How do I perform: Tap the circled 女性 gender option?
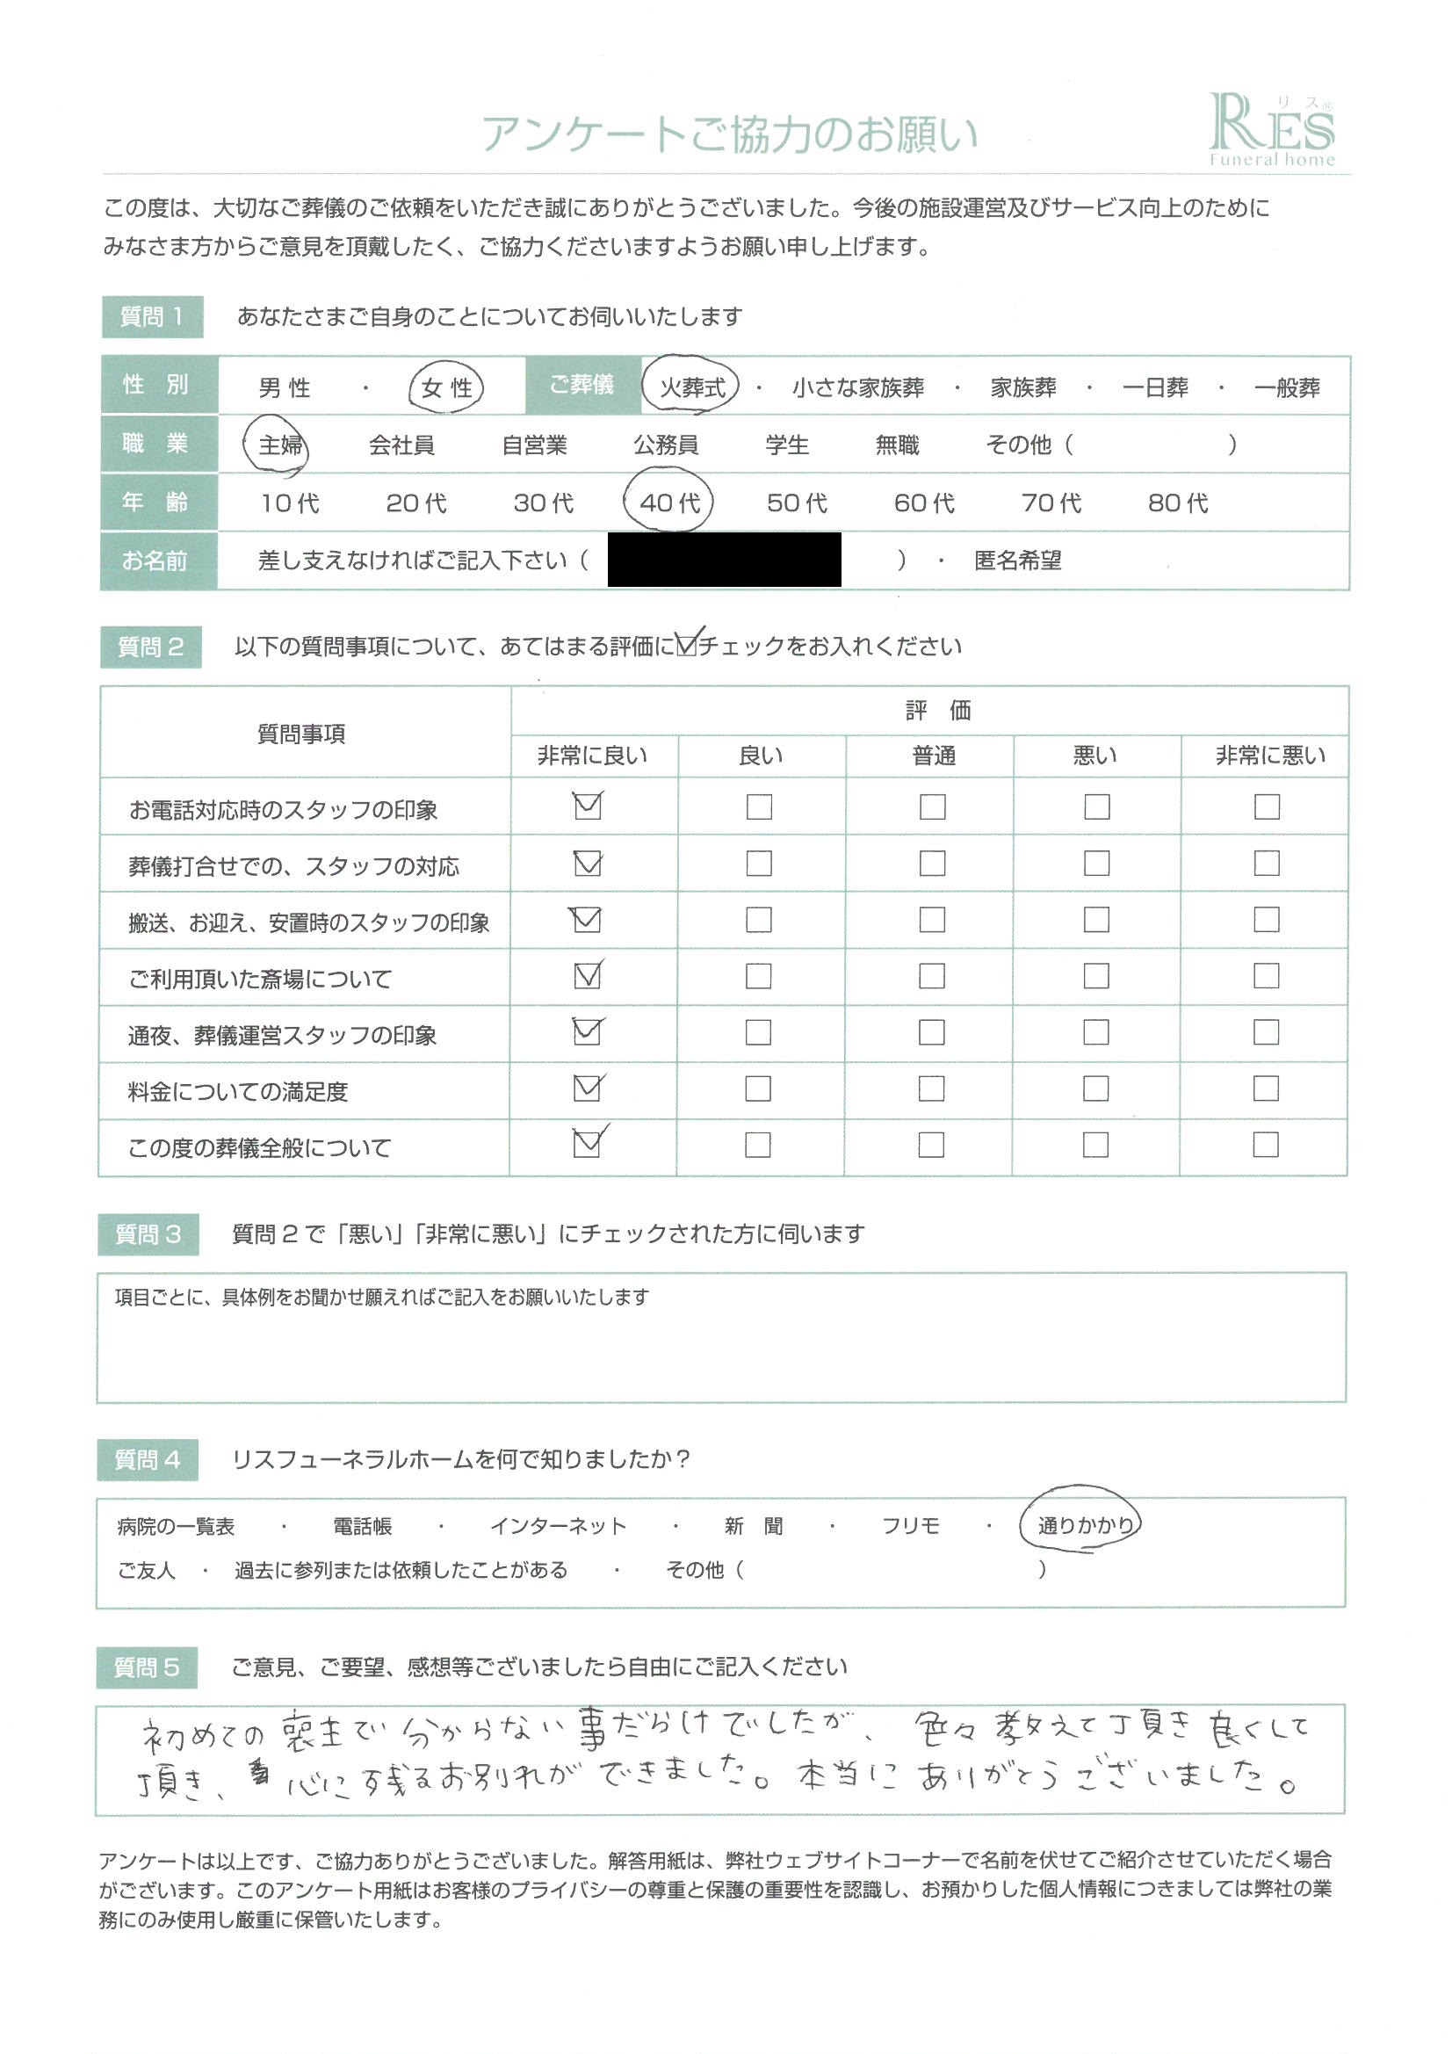tap(446, 388)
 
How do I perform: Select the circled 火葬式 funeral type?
tap(691, 387)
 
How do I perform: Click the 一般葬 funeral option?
tap(1287, 388)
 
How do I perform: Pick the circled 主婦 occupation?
tap(279, 445)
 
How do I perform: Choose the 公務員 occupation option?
tap(666, 445)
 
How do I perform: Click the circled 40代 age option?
tap(669, 503)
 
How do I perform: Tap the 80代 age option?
tap(1177, 503)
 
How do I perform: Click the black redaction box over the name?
tap(724, 560)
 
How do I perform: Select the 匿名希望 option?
tap(1017, 561)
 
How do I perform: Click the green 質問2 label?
tap(150, 647)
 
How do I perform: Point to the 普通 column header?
tap(933, 756)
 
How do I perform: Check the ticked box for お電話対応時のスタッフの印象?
tap(588, 806)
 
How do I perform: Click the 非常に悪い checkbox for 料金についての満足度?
tap(1266, 1088)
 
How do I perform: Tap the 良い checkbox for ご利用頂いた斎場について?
tap(759, 976)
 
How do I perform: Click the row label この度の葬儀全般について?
tap(259, 1147)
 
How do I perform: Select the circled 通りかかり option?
tap(1084, 1526)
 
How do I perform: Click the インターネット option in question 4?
tap(559, 1527)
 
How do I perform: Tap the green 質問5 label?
tap(147, 1667)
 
